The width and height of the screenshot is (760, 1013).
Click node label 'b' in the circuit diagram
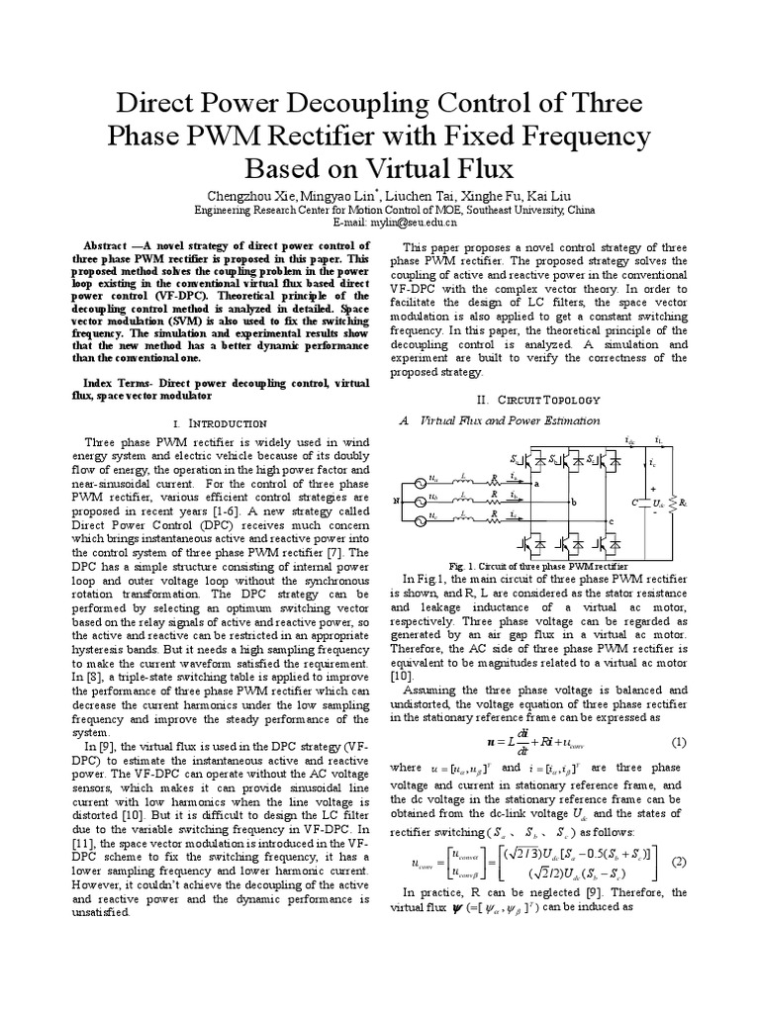point(573,502)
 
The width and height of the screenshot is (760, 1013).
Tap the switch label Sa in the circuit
point(516,460)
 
